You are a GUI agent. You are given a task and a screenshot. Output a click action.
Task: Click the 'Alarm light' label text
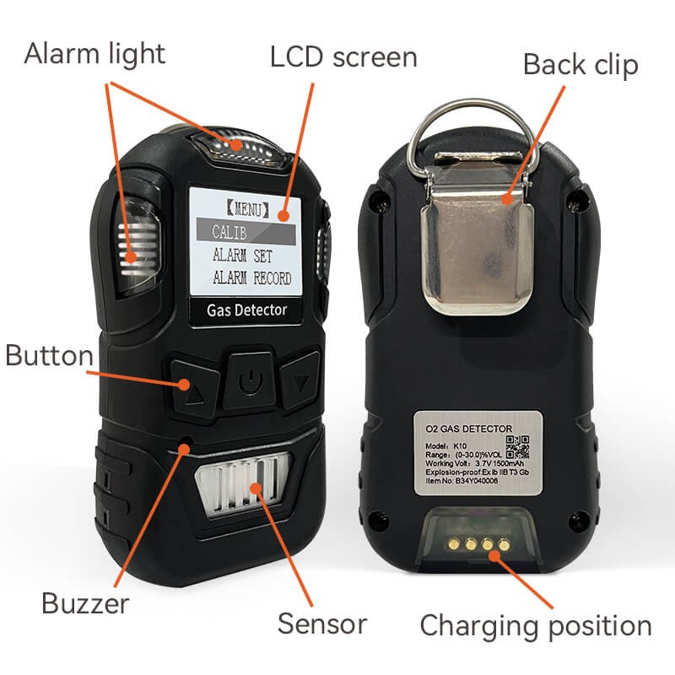click(x=94, y=54)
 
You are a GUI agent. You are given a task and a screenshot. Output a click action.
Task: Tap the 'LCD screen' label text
click(x=343, y=57)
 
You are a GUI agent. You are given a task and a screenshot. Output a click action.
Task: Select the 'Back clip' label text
click(x=580, y=65)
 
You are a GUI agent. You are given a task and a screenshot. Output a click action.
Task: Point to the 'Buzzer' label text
click(x=85, y=603)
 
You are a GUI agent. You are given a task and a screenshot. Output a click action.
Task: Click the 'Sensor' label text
click(x=322, y=624)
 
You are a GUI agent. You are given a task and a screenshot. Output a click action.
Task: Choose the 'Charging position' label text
click(x=536, y=626)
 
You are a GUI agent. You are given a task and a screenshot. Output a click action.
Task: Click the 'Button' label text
click(x=49, y=355)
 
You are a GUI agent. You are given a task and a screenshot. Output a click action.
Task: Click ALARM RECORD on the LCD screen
click(x=251, y=278)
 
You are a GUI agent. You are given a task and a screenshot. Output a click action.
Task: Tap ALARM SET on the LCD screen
click(x=243, y=254)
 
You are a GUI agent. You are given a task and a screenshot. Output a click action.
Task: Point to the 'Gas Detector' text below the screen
click(x=247, y=310)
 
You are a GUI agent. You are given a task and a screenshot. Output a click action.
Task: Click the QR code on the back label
click(x=516, y=445)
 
